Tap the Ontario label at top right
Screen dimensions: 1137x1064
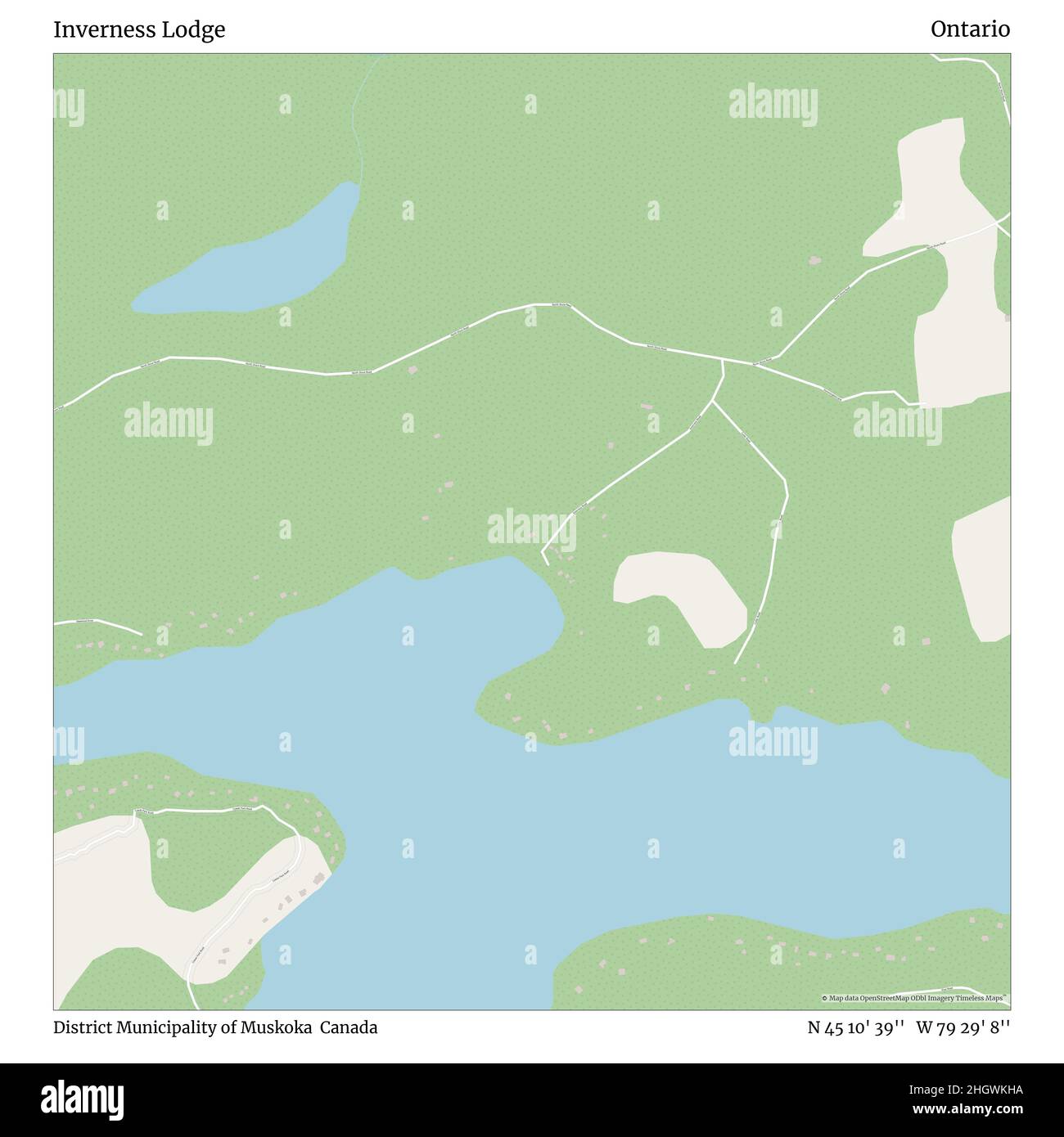[x=970, y=29]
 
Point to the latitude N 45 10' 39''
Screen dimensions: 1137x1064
[x=855, y=1027]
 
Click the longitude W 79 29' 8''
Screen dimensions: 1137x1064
[x=963, y=1027]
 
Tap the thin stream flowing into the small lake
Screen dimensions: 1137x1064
[x=358, y=123]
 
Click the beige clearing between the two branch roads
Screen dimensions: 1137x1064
[x=679, y=593]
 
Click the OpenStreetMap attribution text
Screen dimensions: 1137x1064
[x=913, y=998]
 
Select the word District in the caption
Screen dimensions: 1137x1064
[x=82, y=1027]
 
